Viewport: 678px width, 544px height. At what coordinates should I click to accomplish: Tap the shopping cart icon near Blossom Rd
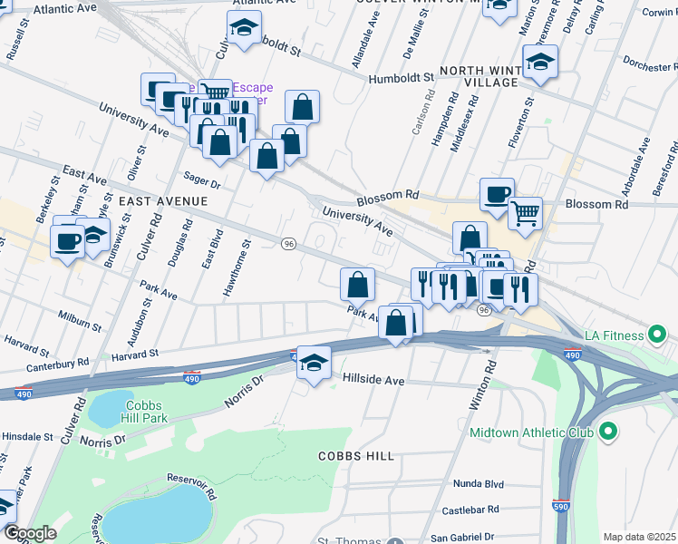click(x=525, y=214)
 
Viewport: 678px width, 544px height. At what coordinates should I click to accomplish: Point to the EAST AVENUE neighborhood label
click(x=162, y=200)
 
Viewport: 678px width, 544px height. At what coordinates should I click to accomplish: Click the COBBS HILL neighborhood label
click(x=355, y=455)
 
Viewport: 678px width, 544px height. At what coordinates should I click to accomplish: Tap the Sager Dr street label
click(x=202, y=182)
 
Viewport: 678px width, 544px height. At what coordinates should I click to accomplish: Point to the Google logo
click(x=30, y=533)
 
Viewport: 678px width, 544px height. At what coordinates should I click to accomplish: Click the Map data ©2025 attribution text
click(x=639, y=537)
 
